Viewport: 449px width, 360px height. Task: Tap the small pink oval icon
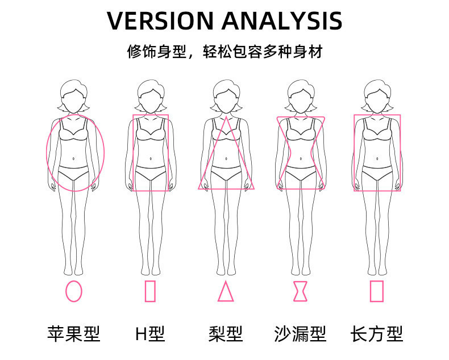click(x=74, y=291)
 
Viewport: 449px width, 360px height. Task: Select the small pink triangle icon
click(x=226, y=291)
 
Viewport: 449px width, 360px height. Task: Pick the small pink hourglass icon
click(x=300, y=291)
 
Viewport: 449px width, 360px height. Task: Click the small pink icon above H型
click(x=150, y=291)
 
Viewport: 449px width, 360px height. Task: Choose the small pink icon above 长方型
click(x=376, y=291)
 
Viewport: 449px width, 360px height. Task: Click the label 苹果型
click(x=74, y=334)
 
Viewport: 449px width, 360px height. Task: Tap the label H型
click(x=150, y=334)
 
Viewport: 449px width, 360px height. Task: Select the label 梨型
click(x=226, y=334)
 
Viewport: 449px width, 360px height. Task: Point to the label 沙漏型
click(x=300, y=334)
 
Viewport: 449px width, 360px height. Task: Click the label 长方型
click(x=376, y=334)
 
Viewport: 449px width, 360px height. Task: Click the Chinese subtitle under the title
click(x=224, y=52)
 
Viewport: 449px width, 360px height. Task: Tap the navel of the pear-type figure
click(x=226, y=158)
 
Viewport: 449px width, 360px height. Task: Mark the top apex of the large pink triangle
click(x=226, y=116)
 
